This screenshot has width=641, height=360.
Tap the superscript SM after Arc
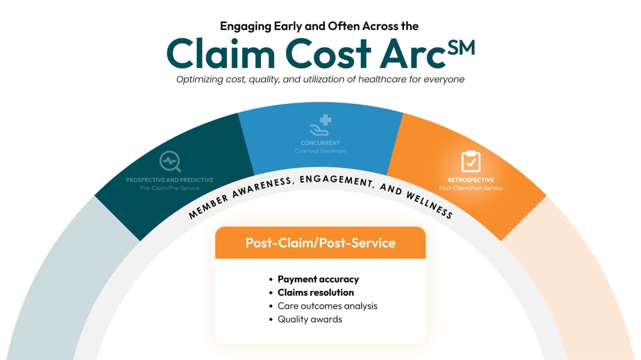pos(461,47)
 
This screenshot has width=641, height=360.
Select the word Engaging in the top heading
pos(246,26)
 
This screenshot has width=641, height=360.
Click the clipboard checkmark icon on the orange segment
pos(470,161)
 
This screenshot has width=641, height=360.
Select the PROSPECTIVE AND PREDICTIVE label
pos(170,180)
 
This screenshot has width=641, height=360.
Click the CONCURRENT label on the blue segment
pos(320,143)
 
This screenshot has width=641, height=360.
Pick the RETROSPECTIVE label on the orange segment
pos(470,180)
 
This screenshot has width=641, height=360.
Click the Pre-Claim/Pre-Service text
pos(170,188)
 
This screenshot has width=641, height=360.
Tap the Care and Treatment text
pos(320,151)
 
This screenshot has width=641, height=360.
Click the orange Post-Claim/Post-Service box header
pos(320,243)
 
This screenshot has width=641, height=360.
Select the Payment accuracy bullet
pos(318,279)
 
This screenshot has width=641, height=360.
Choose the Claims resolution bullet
pos(315,292)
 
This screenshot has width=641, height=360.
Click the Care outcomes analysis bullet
pos(327,306)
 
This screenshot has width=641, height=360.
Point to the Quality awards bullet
pos(310,319)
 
